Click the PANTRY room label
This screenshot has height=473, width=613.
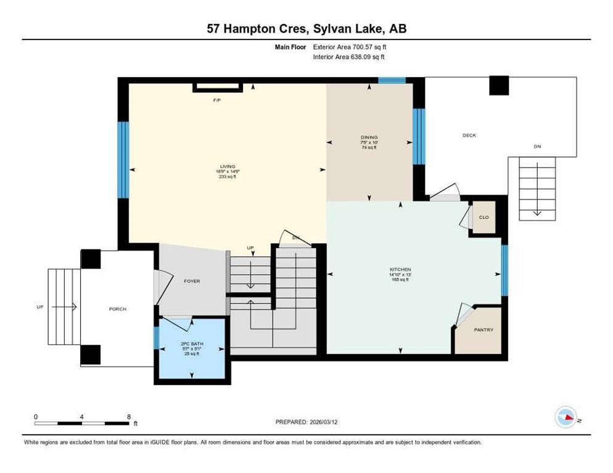pos(483,330)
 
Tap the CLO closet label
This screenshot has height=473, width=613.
pos(484,217)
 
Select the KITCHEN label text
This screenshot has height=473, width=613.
pos(400,270)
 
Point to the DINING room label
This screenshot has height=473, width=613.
pos(369,137)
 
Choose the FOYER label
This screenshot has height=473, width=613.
pos(192,281)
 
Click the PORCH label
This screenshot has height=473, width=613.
pos(117,309)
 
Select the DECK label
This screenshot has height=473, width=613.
pos(469,135)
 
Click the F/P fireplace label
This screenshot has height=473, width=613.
pos(217,99)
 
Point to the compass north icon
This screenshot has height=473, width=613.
pos(566,418)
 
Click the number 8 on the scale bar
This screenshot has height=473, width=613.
pos(128,417)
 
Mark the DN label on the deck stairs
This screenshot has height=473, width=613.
pos(537,147)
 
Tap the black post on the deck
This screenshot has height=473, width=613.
pos(499,86)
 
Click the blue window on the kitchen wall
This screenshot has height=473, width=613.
pos(504,270)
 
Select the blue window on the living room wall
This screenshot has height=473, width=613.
pos(123,160)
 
